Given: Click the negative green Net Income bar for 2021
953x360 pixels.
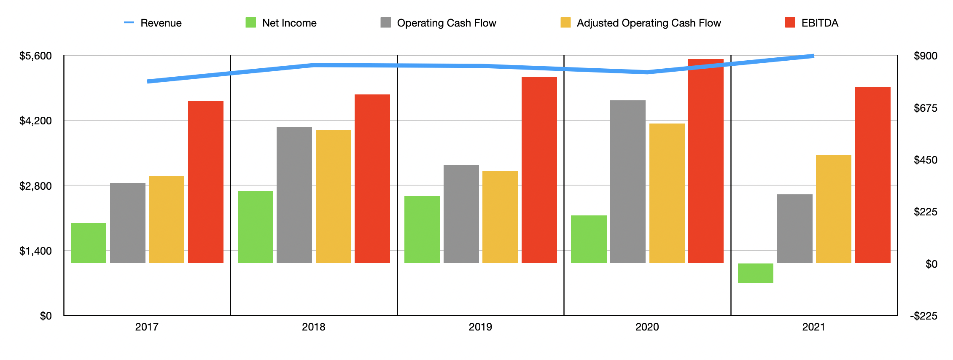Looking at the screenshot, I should pos(755,273).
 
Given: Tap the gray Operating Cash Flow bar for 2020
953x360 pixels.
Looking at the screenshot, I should pos(627,181).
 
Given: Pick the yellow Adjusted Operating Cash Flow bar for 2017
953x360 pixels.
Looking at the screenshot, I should pos(167,219).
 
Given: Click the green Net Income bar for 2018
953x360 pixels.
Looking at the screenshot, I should pos(255,227).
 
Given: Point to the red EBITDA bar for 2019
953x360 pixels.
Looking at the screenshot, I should pos(539,170).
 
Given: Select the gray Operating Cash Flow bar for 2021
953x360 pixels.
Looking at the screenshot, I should pos(794,228).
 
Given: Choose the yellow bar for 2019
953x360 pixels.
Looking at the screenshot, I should pos(500,217).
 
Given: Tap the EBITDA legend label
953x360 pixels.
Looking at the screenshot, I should pos(819,23).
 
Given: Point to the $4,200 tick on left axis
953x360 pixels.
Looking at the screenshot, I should pos(35,121).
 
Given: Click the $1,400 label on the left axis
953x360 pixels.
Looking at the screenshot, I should pos(35,251).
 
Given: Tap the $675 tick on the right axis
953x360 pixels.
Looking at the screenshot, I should pos(925,108).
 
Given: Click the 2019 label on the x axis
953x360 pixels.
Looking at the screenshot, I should pos(480,327).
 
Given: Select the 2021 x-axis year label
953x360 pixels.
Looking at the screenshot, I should pos(813,327).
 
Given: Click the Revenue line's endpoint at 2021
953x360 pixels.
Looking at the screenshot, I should pos(813,56).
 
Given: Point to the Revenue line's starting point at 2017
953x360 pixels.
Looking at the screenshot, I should pos(148,81).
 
